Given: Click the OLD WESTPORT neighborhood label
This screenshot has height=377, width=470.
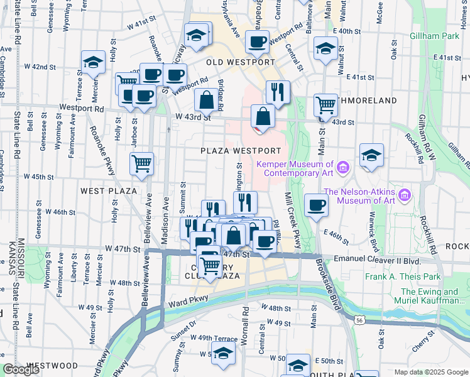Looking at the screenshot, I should [x=241, y=63].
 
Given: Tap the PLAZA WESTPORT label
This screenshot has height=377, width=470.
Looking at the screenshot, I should [x=241, y=151].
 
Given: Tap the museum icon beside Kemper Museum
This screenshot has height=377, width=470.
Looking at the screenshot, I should [x=342, y=167].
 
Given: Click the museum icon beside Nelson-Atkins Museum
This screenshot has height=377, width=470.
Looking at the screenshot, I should [x=405, y=196].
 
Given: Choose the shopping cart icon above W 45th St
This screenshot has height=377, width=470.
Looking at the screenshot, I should [x=142, y=163].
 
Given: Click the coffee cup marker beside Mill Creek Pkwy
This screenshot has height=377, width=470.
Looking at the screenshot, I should [x=316, y=204].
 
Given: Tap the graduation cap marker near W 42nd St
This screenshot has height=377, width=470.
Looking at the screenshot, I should [x=93, y=62].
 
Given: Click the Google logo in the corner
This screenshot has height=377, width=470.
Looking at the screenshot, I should [x=21, y=370].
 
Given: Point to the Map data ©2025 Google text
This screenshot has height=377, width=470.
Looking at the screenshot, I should [x=430, y=372].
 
